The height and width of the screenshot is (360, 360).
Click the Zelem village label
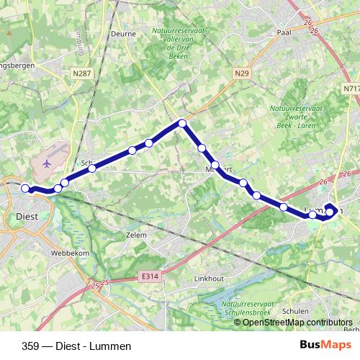(x=135, y=235)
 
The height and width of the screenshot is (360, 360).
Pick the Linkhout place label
(x=209, y=277)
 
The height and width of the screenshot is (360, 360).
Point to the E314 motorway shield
(x=150, y=275)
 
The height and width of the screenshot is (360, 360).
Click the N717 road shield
(x=351, y=89)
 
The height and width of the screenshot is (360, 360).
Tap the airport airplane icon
(x=48, y=163)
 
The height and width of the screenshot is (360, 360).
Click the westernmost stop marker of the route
(x=25, y=189)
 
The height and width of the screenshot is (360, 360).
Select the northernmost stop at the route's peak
(x=182, y=124)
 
